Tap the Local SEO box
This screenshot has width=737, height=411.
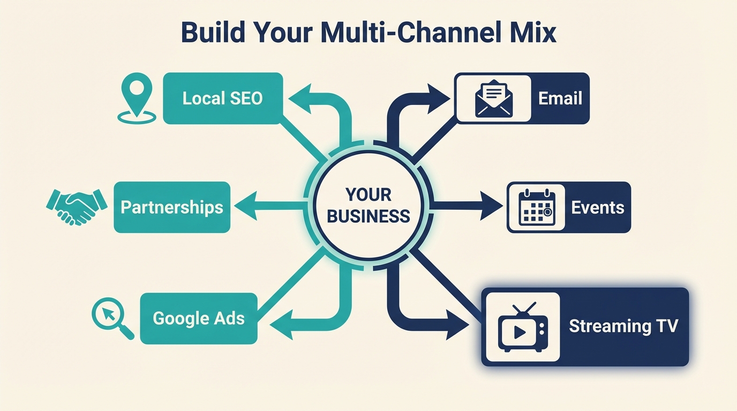222,98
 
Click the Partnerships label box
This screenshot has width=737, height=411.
172,207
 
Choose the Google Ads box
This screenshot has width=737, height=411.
199,318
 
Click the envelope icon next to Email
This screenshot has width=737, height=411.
493,98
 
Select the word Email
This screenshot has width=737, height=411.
560,98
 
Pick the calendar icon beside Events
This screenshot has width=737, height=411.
537,208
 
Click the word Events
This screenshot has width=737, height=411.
598,208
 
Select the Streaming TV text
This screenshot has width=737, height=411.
623,326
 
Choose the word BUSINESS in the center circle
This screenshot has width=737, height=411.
368,216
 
